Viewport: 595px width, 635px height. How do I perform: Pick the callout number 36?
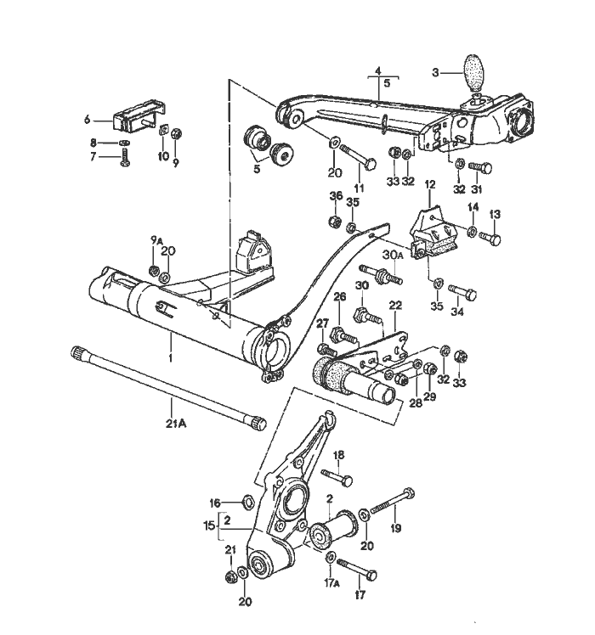(335, 196)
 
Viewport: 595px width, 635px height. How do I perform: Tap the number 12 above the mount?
(429, 183)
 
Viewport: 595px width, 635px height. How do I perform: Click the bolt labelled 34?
(464, 294)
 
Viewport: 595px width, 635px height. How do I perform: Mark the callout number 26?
(340, 296)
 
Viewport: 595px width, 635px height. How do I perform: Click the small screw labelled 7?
(126, 156)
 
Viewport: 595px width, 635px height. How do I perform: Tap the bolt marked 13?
(490, 239)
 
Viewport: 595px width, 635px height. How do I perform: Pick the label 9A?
(156, 241)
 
